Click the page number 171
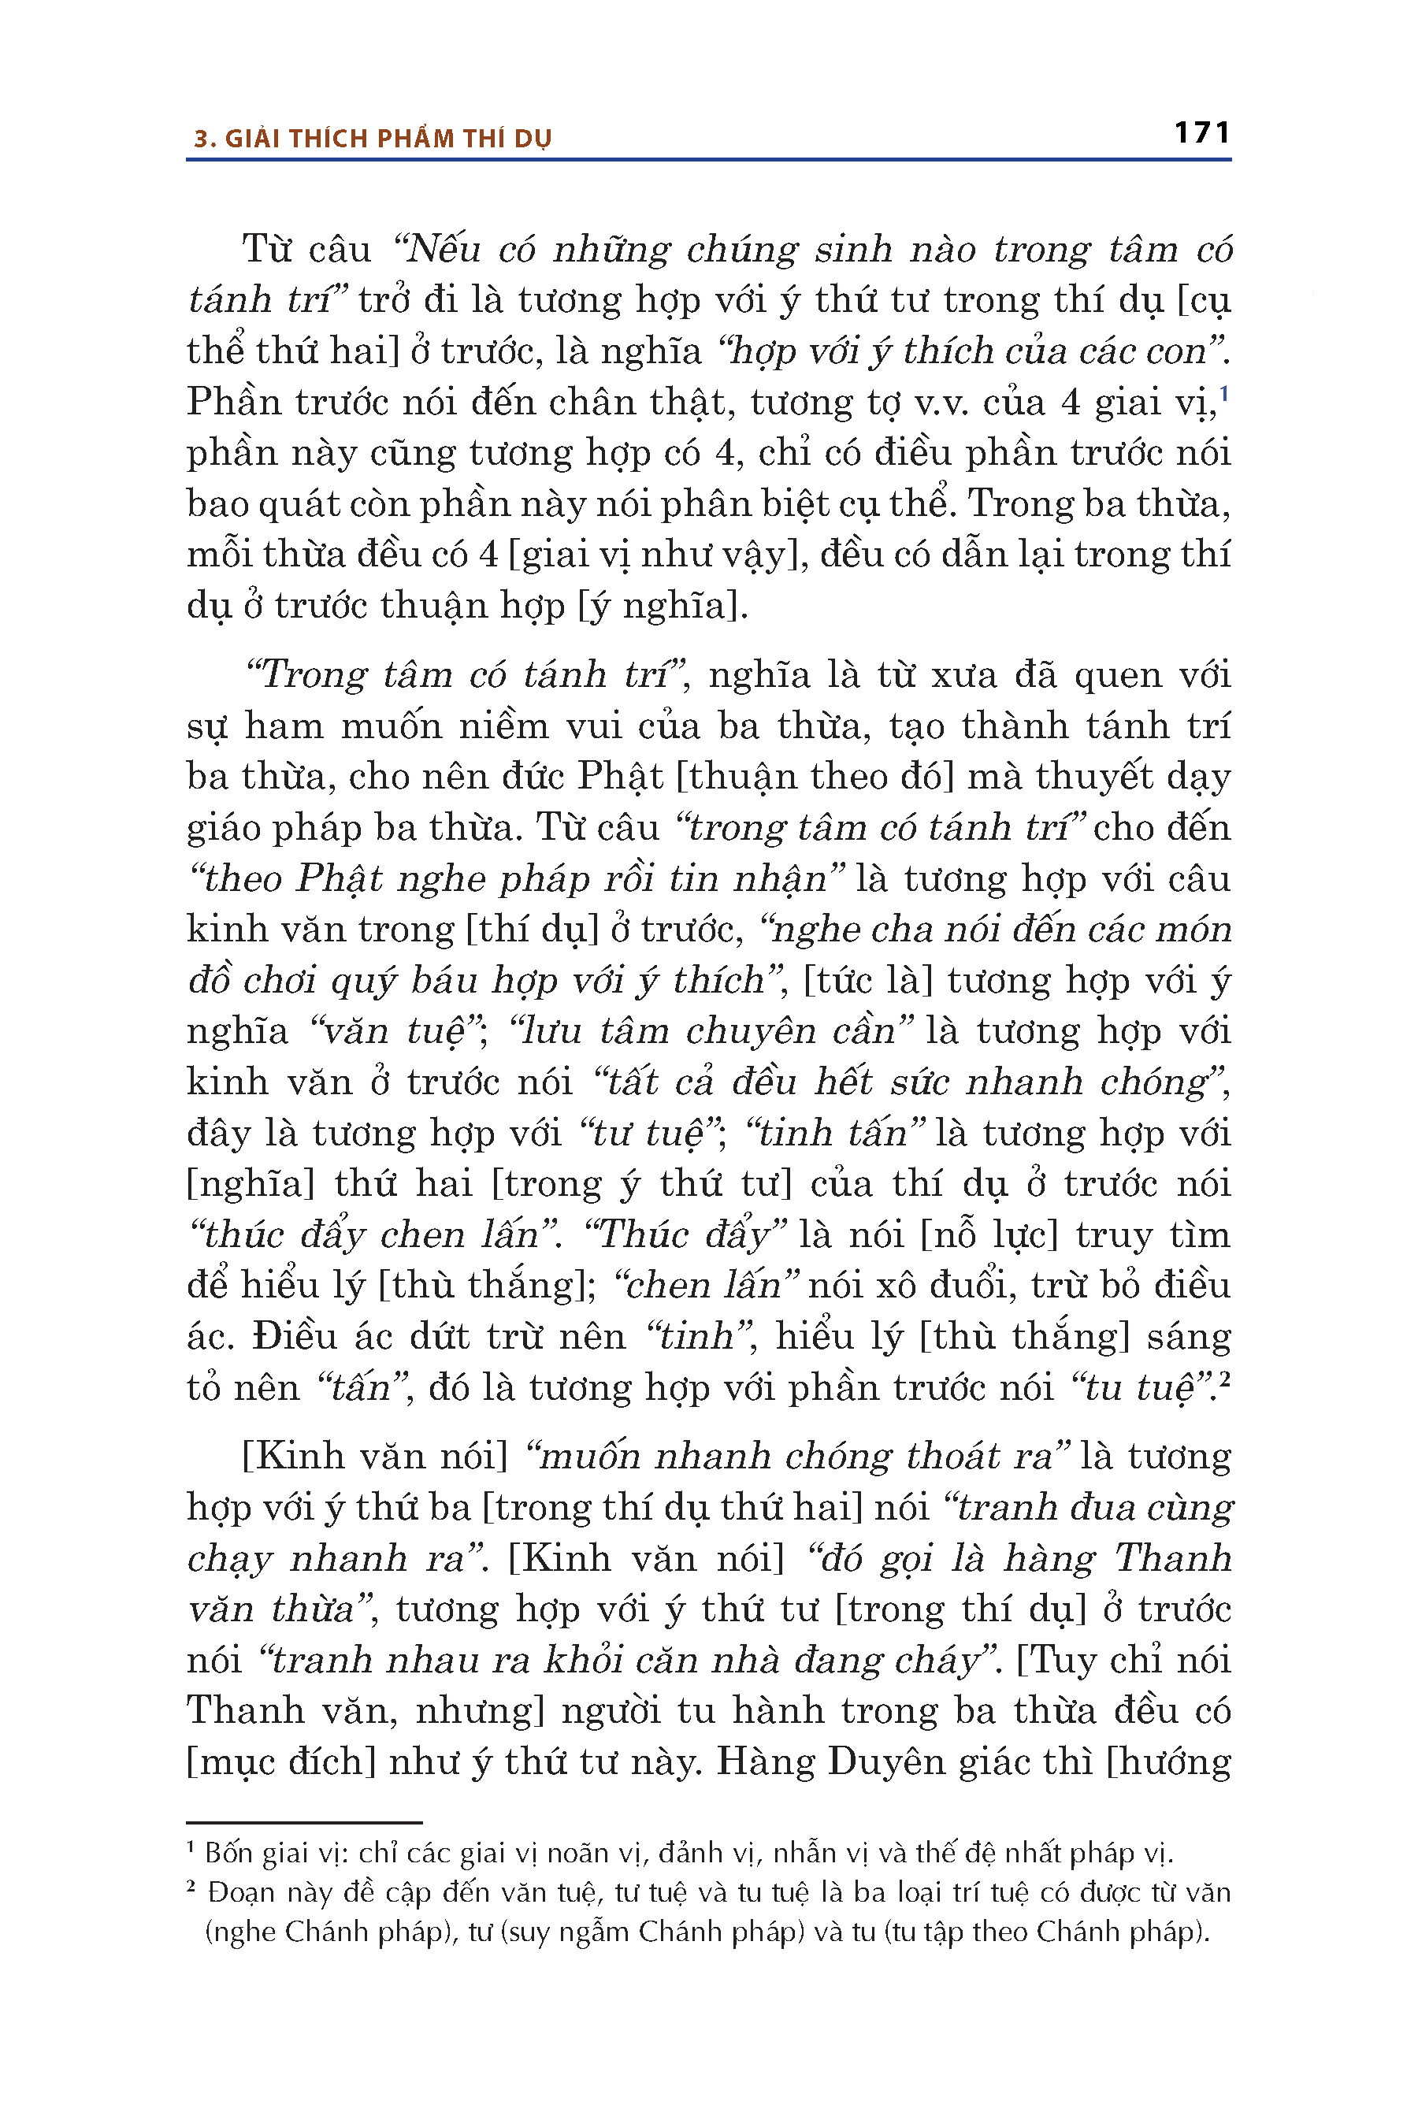click(x=1202, y=133)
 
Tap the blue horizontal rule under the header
click(x=708, y=160)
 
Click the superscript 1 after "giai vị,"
click(x=1223, y=393)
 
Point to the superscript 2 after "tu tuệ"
click(x=1224, y=1379)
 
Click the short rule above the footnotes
click(x=304, y=1822)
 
